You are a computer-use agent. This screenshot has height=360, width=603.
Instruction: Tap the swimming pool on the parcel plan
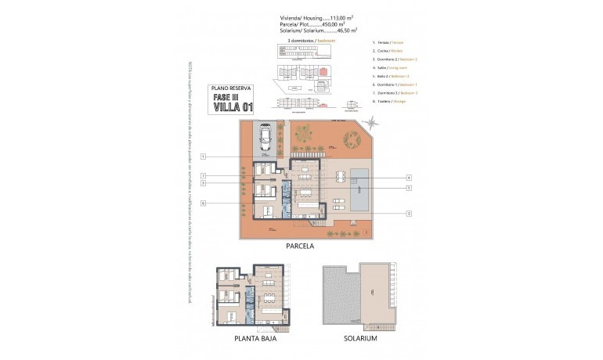(x=361, y=188)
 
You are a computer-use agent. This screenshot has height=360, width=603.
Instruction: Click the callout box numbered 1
(x=203, y=157)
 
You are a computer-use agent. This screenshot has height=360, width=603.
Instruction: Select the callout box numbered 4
(x=408, y=177)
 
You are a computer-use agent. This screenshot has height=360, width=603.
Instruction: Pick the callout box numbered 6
(x=203, y=203)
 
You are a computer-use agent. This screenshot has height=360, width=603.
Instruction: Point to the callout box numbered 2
(x=408, y=213)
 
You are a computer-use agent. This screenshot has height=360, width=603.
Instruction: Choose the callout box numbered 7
(x=203, y=176)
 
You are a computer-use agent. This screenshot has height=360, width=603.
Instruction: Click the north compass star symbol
(x=372, y=122)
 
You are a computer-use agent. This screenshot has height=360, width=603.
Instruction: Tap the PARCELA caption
(x=301, y=246)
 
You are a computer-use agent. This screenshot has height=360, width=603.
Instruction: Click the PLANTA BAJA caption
(x=255, y=339)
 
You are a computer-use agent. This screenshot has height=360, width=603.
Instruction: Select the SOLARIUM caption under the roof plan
(x=360, y=339)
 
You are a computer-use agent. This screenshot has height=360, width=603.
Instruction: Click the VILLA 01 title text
(x=233, y=106)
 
